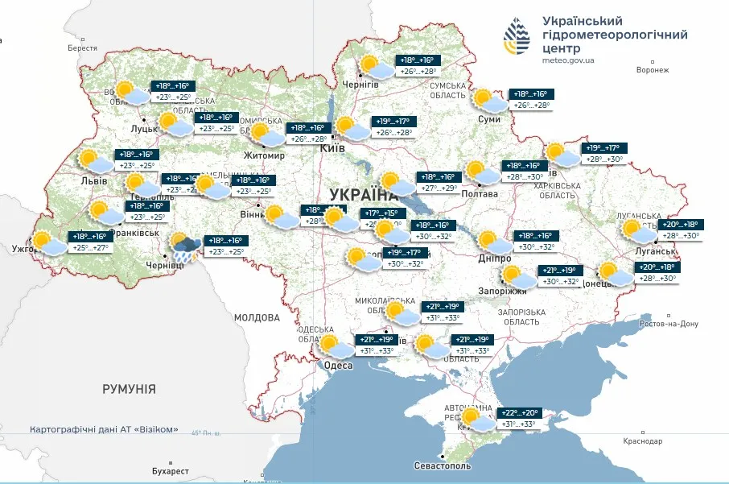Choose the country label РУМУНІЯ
point(129,389)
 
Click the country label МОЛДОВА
point(257,318)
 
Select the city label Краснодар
point(642,441)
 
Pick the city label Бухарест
point(170,470)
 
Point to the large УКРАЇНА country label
point(364,195)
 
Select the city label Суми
point(488,119)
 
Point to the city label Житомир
point(264,155)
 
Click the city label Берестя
point(82,48)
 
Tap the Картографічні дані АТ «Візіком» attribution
point(104,429)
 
